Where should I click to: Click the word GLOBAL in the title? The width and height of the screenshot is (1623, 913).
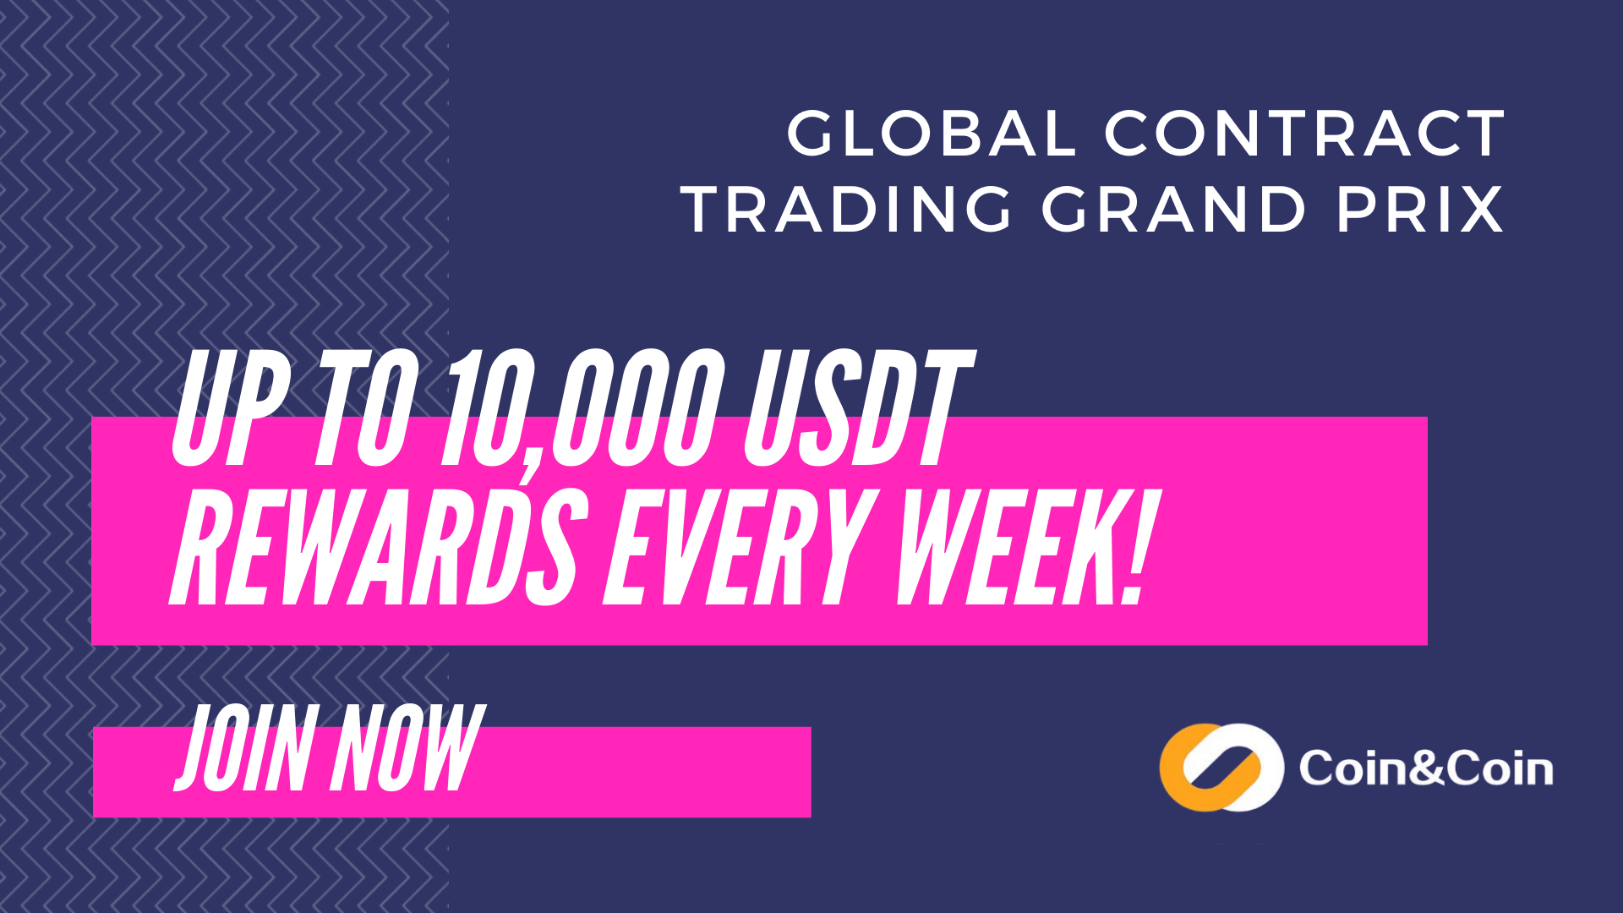932,134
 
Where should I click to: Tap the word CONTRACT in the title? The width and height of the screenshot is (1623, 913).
1305,134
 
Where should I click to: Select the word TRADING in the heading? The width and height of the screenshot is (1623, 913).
847,209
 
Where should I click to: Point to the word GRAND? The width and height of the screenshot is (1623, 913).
1174,209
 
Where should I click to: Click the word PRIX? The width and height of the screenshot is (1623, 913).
1420,209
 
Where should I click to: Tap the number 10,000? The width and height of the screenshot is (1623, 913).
584,410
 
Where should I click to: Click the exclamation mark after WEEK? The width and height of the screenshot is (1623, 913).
1141,547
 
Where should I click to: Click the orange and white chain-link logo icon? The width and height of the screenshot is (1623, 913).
1221,768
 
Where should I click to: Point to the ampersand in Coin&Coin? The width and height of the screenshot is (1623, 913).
1427,768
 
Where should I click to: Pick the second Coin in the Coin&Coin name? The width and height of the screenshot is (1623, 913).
1500,768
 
